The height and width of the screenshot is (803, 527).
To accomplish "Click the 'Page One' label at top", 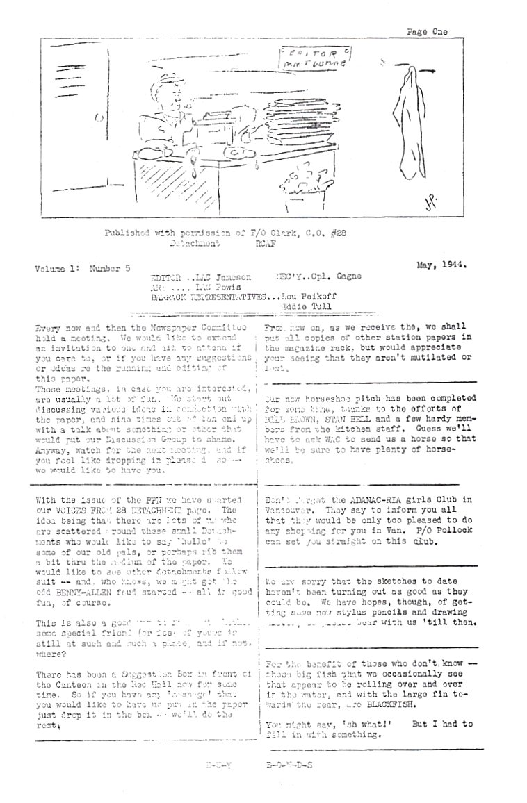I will click(x=427, y=31).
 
